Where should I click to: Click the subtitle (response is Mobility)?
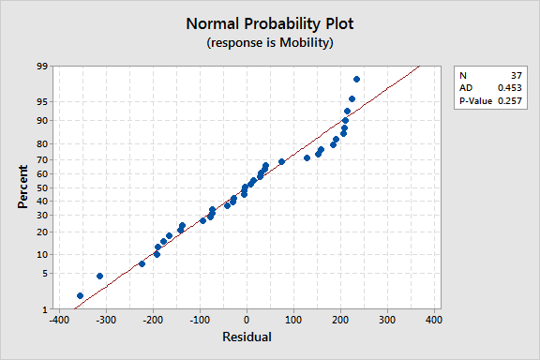click(269, 43)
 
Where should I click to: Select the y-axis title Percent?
click(23, 187)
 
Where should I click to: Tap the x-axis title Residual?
click(246, 337)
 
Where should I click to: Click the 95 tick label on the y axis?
click(43, 101)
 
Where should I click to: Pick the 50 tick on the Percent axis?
click(43, 188)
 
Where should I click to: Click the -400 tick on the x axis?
click(58, 320)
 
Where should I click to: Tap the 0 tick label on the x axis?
click(246, 320)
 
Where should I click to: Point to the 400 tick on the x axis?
click(433, 320)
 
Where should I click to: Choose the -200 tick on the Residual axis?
click(152, 320)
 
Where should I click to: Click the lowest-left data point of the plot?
click(80, 295)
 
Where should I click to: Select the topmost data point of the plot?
click(356, 79)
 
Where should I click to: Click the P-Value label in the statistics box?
click(474, 100)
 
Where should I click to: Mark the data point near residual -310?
click(99, 276)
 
